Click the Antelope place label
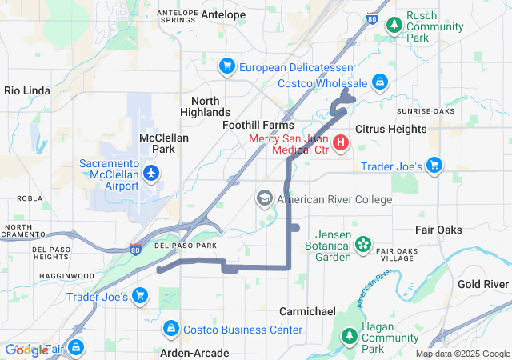coord(224,14)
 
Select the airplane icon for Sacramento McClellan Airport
coord(151,172)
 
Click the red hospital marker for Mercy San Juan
coord(341,143)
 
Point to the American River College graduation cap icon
coord(265,198)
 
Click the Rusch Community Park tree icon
coord(394,26)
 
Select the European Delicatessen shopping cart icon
coord(227,66)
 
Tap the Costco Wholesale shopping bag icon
coord(379,82)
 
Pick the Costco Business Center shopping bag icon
coord(171,329)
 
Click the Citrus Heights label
coord(390,128)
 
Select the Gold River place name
coord(483,284)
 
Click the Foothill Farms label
coord(258,126)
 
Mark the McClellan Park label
coord(164,143)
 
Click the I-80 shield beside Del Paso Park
coord(136,248)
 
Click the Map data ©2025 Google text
coord(462,354)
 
